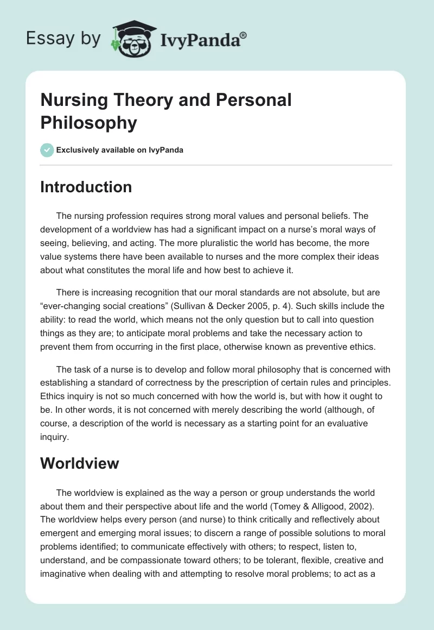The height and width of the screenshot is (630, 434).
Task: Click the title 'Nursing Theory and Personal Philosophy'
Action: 166,111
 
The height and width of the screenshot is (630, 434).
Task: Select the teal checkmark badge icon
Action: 47,150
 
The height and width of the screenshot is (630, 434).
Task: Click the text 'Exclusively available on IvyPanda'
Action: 119,150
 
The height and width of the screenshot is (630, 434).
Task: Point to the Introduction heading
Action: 86,187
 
